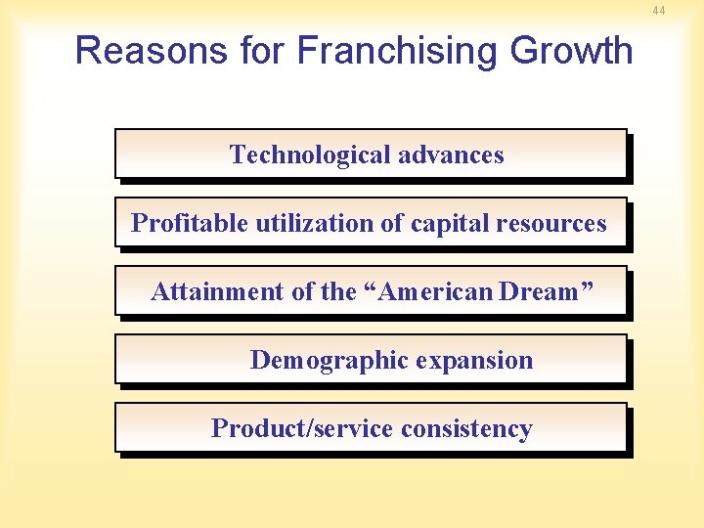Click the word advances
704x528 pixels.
[x=452, y=154]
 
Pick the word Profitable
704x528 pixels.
[x=190, y=223]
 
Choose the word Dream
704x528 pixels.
[x=539, y=291]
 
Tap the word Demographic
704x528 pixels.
[x=330, y=360]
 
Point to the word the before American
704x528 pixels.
[x=338, y=291]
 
